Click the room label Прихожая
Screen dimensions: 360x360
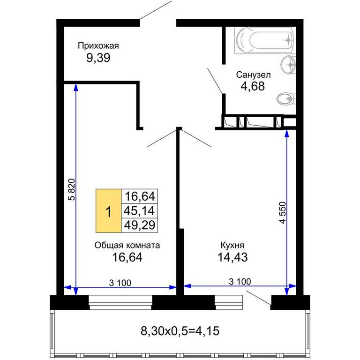click(98, 46)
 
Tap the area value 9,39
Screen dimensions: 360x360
click(98, 58)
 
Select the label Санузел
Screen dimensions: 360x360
click(253, 75)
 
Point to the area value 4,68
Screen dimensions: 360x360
click(253, 86)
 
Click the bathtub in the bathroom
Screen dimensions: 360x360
click(265, 40)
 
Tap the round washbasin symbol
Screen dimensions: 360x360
click(288, 65)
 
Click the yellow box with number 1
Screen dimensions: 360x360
click(108, 211)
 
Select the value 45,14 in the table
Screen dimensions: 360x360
click(139, 211)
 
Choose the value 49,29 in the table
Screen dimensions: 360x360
click(140, 225)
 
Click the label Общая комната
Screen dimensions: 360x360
click(127, 246)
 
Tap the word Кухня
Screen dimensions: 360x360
click(232, 246)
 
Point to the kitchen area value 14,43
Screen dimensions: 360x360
click(232, 257)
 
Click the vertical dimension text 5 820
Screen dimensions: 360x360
click(72, 190)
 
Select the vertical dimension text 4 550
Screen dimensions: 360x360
click(283, 213)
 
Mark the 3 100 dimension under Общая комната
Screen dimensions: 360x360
click(120, 283)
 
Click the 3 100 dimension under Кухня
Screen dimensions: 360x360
click(240, 282)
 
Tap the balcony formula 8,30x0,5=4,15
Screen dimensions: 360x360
click(180, 331)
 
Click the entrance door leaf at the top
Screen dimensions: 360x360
click(156, 10)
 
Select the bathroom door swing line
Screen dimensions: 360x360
click(215, 81)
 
